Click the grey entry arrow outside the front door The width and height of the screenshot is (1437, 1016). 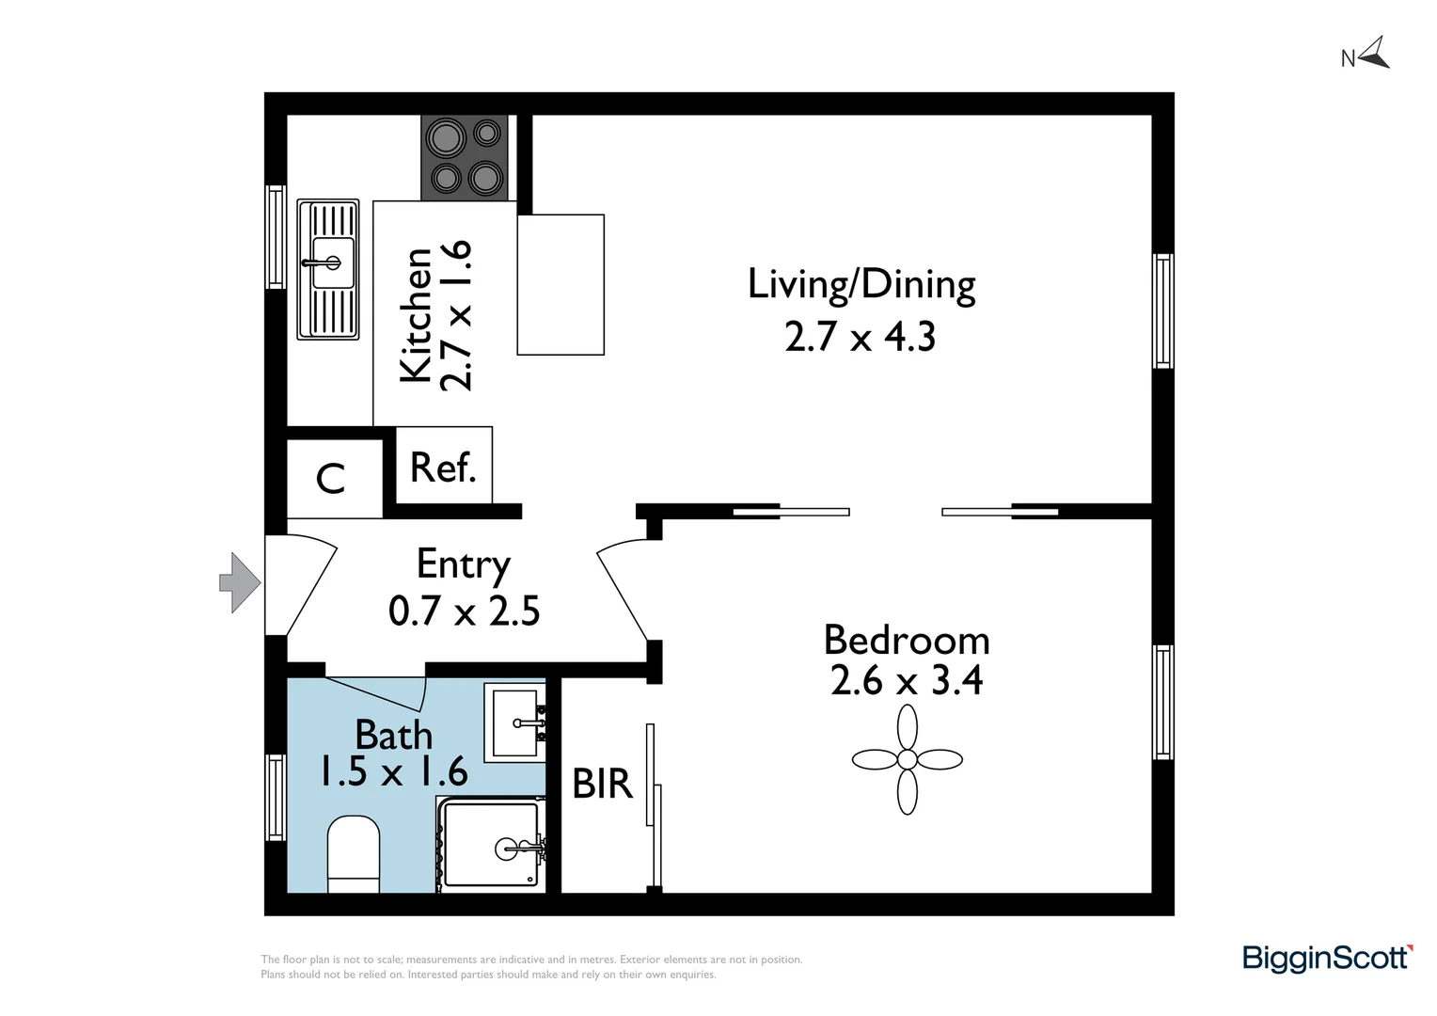point(240,583)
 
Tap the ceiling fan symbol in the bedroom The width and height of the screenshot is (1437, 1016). point(907,759)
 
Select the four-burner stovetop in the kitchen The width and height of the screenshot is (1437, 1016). point(465,157)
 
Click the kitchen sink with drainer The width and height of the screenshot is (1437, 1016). point(328,269)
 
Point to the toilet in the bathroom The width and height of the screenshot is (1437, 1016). point(354,854)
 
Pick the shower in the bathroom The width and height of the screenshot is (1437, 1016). point(491,844)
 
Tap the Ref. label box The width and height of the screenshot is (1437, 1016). point(444,467)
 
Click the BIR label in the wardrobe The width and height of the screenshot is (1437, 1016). point(602,784)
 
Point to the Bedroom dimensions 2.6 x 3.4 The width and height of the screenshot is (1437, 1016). point(907,680)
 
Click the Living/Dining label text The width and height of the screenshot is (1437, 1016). point(861,284)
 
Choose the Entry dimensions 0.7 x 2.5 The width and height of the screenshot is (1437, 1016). point(464,611)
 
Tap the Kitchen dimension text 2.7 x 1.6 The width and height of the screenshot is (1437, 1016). point(456,315)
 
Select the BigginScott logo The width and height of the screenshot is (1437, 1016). point(1327,958)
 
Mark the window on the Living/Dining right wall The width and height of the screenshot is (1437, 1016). point(1163,310)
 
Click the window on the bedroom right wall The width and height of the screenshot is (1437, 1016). point(1163,703)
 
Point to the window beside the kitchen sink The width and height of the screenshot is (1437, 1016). point(276,236)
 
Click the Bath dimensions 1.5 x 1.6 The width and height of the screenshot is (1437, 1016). point(393,772)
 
